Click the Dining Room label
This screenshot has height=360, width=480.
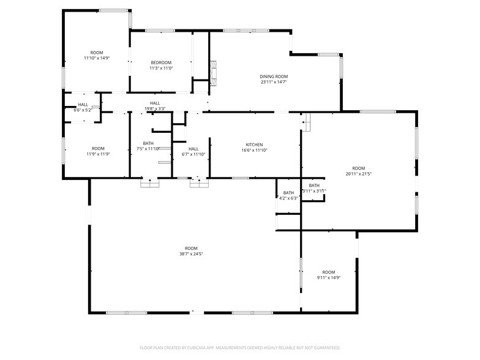click(x=274, y=76)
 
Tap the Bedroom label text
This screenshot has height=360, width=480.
click(x=161, y=62)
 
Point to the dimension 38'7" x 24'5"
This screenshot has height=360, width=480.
click(x=192, y=253)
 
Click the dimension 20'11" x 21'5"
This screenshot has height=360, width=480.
click(x=358, y=174)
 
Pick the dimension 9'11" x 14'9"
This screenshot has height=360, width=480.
click(x=329, y=277)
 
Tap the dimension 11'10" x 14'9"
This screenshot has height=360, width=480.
click(x=97, y=58)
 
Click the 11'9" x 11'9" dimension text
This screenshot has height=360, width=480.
click(x=97, y=154)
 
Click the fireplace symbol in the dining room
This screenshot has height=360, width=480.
click(x=213, y=72)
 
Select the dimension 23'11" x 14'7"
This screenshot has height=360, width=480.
click(x=274, y=81)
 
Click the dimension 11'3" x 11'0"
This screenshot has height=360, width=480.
click(x=161, y=68)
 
